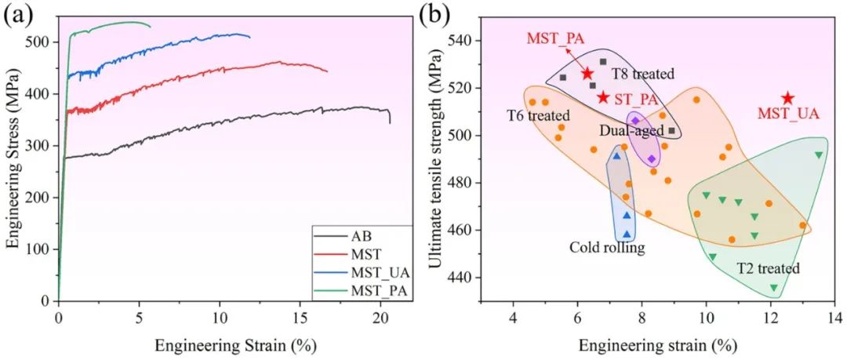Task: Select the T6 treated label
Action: (x=537, y=115)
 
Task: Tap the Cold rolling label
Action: (x=608, y=248)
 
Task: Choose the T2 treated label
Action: (x=768, y=268)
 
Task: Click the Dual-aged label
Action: (x=631, y=130)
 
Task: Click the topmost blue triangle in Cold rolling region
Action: (x=616, y=156)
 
